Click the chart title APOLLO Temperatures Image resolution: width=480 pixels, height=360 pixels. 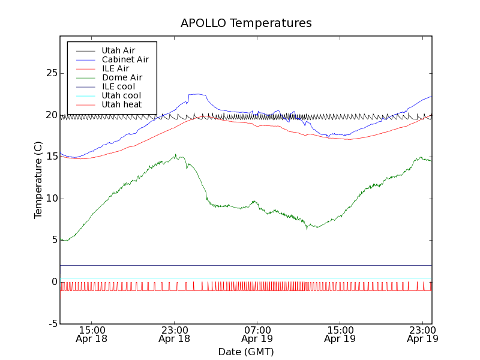click(246, 23)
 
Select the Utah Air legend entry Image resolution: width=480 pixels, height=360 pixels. click(118, 50)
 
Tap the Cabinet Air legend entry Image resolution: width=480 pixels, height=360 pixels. click(125, 59)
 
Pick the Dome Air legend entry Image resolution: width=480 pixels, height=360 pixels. click(122, 77)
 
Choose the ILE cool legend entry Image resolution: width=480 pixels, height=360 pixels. click(118, 86)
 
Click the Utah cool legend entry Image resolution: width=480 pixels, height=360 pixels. click(121, 95)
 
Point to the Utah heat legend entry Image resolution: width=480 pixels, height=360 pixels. click(121, 104)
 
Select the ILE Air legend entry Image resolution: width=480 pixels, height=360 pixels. click(115, 68)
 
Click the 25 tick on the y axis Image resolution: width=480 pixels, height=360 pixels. click(50, 73)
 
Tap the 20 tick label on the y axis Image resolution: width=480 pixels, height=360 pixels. click(50, 115)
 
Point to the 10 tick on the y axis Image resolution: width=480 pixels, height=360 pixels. click(50, 199)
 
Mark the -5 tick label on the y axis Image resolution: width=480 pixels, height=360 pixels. click(52, 324)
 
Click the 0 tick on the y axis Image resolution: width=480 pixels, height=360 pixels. click(54, 282)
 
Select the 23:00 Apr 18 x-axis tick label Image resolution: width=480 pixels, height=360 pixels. click(174, 334)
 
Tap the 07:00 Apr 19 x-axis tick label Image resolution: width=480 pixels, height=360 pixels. click(257, 334)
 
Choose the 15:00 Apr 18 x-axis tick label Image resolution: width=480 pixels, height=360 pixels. click(91, 334)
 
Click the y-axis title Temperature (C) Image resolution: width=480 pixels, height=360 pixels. click(38, 180)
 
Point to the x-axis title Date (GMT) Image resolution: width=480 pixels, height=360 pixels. click(246, 352)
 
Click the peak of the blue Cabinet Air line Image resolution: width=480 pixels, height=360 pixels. click(197, 94)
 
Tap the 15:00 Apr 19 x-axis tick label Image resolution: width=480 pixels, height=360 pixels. click(340, 334)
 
